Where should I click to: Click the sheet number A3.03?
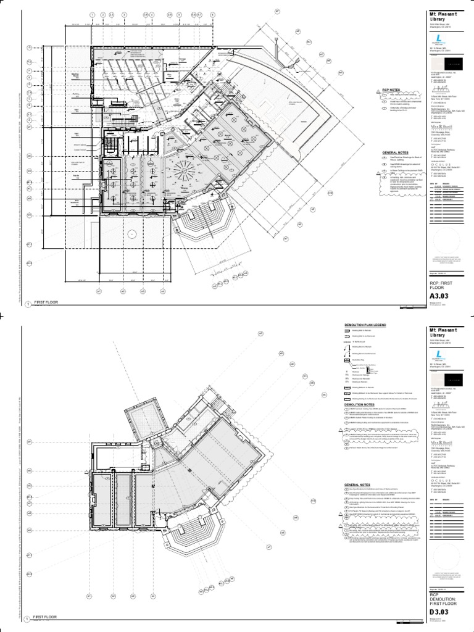click(439, 298)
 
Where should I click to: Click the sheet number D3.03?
click(439, 612)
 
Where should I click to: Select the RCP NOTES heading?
click(391, 89)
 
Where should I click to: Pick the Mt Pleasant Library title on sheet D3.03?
click(441, 332)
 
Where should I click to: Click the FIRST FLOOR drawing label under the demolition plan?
click(46, 617)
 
